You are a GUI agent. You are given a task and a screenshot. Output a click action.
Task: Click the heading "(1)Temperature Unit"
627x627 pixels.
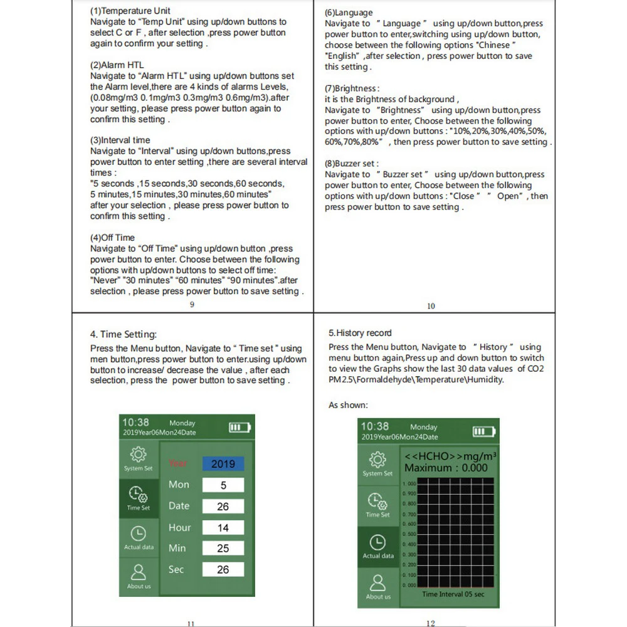pos(130,11)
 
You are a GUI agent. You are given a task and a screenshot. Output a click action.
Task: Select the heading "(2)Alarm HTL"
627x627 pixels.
pos(117,65)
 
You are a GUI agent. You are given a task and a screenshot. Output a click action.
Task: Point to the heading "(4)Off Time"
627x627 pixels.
pos(113,238)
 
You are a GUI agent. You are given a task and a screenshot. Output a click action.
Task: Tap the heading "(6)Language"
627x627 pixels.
pos(349,13)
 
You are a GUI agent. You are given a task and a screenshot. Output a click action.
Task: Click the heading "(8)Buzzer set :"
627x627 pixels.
pos(352,164)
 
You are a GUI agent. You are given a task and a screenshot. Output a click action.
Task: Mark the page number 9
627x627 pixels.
pos(192,305)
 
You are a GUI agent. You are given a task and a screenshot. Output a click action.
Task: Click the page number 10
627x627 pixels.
pos(431,306)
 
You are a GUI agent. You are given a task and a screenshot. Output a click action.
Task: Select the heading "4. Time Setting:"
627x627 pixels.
pos(124,335)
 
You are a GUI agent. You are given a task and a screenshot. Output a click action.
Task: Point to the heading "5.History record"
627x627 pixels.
pos(360,333)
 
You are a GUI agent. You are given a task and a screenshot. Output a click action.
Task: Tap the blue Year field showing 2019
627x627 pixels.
pos(223,464)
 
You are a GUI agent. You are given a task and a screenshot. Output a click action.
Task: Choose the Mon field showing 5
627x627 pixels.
pos(223,485)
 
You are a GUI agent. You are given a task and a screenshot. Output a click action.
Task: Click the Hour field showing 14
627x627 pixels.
pos(223,528)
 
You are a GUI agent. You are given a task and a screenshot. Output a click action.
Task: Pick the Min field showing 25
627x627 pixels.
pos(223,549)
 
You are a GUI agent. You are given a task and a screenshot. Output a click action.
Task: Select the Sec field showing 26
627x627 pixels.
pos(223,570)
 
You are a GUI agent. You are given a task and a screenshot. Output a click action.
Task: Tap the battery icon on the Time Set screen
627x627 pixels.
pos(239,428)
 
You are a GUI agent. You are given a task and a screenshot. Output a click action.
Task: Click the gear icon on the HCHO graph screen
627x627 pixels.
pos(377,461)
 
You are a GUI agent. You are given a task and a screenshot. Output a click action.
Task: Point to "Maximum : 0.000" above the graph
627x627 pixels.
pos(445,468)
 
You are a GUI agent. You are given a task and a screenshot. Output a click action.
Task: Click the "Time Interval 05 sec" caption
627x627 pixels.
pos(453,594)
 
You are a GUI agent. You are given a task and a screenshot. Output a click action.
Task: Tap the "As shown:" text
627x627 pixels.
pos(349,405)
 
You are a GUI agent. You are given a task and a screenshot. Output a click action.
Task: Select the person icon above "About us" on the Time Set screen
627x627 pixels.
pos(139,572)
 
